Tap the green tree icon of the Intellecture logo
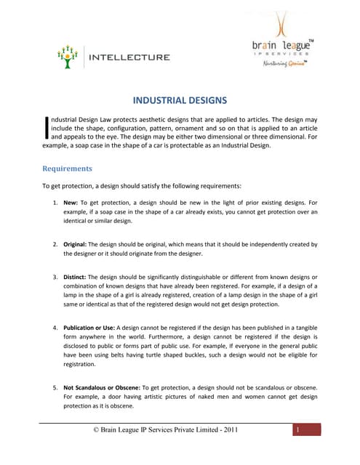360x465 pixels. [67, 57]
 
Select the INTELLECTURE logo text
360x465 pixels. [129, 57]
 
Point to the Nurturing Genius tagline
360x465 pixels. [284, 63]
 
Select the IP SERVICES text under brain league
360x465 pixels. [284, 54]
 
